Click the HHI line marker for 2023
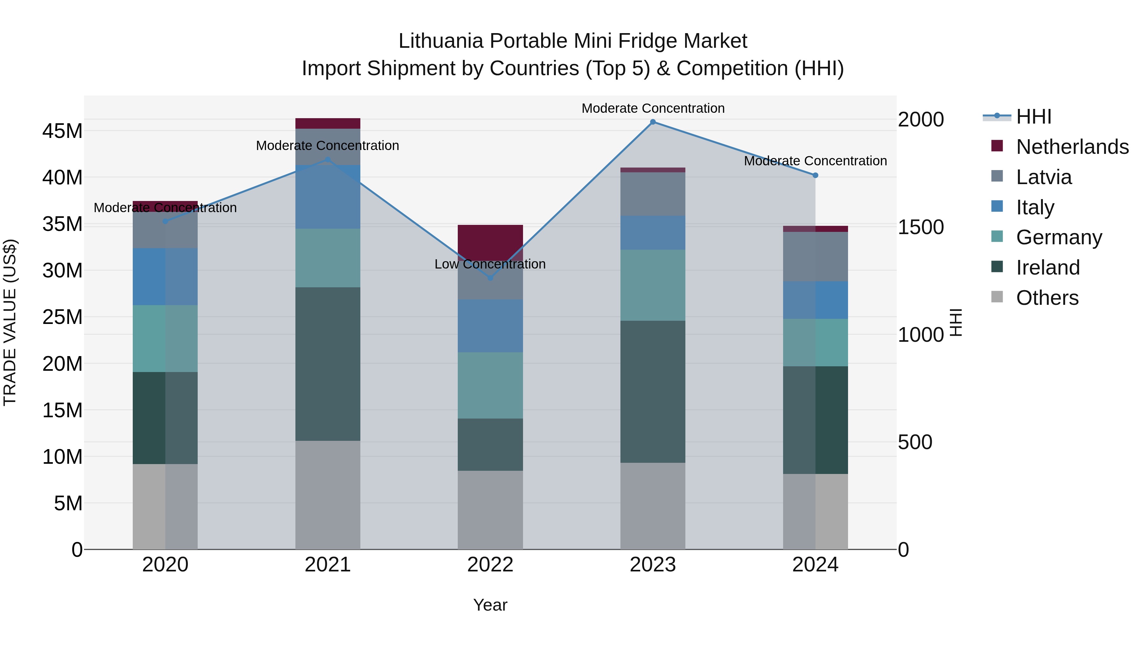point(653,122)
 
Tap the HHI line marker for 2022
point(490,278)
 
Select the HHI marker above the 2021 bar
point(328,159)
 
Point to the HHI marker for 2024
point(815,176)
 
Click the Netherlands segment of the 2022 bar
point(490,240)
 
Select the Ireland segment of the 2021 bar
point(328,364)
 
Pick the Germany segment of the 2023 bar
point(653,285)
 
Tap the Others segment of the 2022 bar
point(490,510)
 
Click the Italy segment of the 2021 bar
point(328,197)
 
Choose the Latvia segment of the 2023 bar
point(653,194)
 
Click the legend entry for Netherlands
point(1072,147)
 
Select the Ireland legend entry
point(1048,268)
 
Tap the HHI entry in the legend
point(1033,117)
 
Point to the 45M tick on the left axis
point(62,131)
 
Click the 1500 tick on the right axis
point(920,227)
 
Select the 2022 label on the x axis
point(490,565)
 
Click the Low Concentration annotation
point(490,264)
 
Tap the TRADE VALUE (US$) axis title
point(10,322)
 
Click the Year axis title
point(490,605)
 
